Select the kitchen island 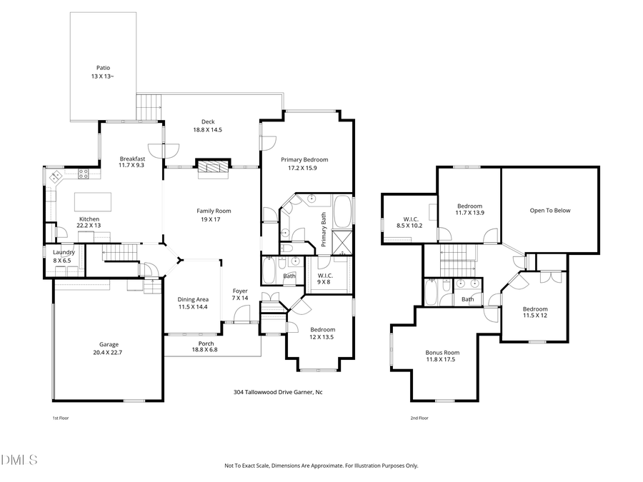point(92,198)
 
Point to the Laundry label point(64,252)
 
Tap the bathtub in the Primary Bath point(344,211)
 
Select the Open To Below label point(549,211)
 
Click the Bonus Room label point(442,352)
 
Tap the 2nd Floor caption point(419,418)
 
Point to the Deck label point(208,122)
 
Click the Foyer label point(240,291)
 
